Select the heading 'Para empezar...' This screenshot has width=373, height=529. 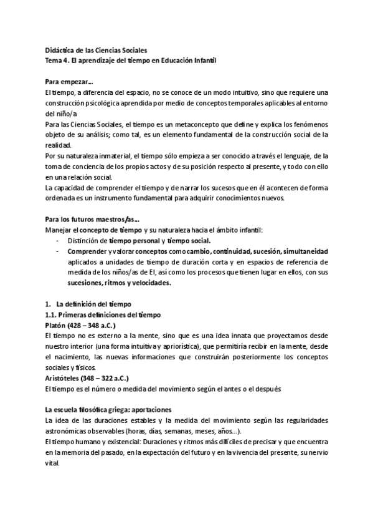coord(70,82)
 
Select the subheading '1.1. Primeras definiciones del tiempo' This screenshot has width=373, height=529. coord(103,315)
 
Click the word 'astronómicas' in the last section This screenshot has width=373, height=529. coord(71,432)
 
